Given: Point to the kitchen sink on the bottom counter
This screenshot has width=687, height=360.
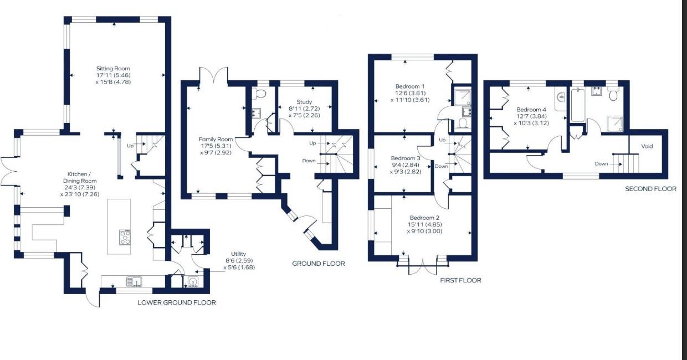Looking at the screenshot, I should (134, 282).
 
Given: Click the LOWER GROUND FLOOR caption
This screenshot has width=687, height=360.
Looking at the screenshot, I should (177, 302).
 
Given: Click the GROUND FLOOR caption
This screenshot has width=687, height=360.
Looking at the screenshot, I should (319, 264).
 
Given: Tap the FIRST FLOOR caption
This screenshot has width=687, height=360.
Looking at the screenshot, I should (460, 280).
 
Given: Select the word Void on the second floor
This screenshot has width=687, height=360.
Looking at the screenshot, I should (647, 146).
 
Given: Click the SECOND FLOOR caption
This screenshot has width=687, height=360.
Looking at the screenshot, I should (650, 189).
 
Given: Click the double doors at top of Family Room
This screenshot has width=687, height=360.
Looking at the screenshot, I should (213, 76).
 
